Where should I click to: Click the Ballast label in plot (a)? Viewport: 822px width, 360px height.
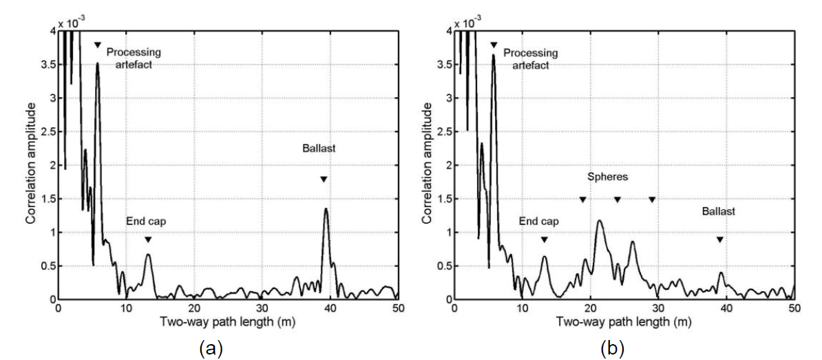pos(317,148)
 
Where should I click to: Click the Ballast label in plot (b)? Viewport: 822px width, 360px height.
pos(719,211)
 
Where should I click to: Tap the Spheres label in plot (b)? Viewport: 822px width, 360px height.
pos(607,177)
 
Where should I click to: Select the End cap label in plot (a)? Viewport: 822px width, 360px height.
pos(146,221)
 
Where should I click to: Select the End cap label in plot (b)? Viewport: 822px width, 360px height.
pos(538,221)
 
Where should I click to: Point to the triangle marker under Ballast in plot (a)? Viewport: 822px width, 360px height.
pos(323,179)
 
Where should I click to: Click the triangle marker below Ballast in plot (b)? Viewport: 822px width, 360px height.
pos(719,240)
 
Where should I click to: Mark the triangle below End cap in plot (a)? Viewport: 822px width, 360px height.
pos(148,240)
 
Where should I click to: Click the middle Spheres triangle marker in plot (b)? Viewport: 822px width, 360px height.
pos(618,200)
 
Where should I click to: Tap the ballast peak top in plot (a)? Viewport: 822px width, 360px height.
pos(326,209)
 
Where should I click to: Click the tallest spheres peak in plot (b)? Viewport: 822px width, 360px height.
pos(600,221)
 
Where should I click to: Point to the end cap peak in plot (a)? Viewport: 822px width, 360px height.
pos(148,255)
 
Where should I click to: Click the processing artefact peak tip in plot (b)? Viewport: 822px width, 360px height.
pos(494,55)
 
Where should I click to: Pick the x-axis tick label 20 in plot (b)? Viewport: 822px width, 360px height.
pos(590,308)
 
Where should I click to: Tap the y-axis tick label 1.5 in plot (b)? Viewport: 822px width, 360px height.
pos(441,199)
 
